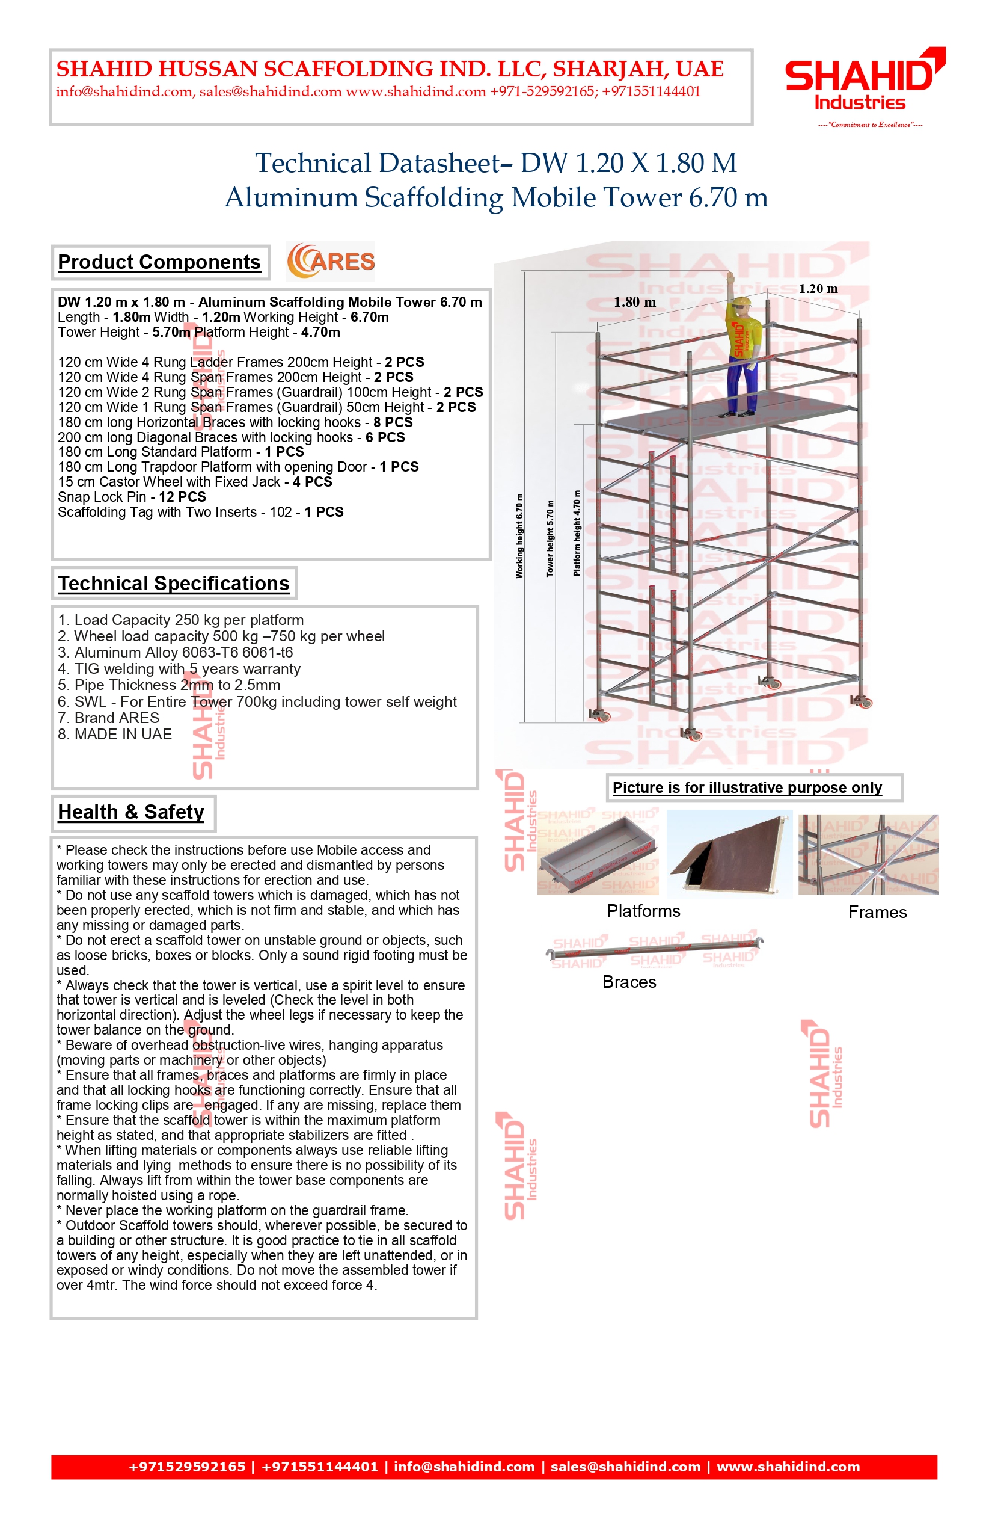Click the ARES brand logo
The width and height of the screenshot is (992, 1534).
coord(331,262)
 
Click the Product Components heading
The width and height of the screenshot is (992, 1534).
coord(159,262)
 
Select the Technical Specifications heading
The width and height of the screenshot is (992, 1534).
coord(173,584)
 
